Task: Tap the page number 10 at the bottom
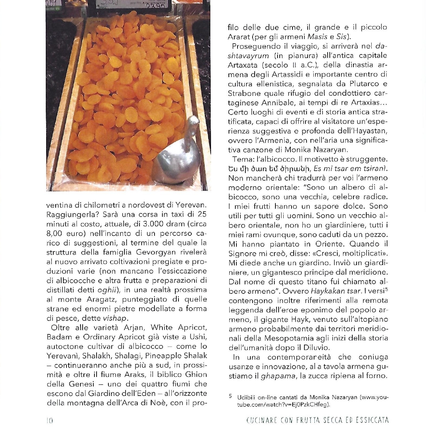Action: (50, 420)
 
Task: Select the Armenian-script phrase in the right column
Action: (269, 168)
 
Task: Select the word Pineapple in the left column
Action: (158, 355)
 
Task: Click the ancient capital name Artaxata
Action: (243, 65)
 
